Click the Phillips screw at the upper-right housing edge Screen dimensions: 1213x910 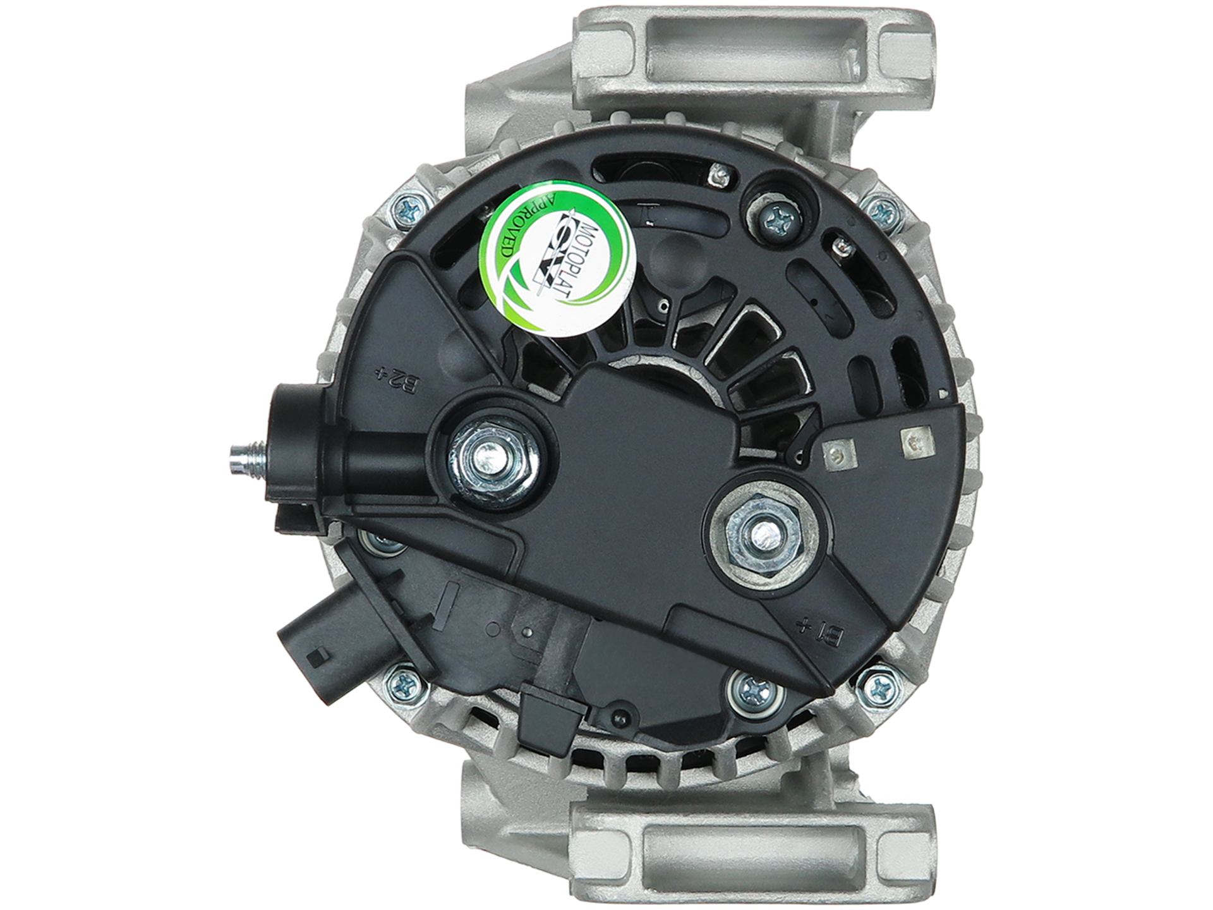(x=881, y=207)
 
